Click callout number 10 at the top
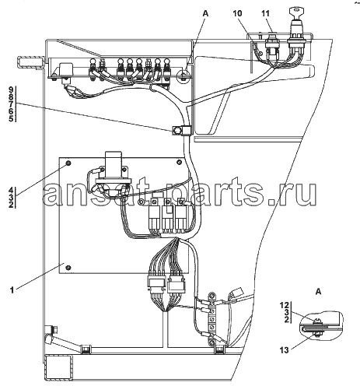coord(237,13)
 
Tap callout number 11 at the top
coord(265,13)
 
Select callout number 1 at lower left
coord(12,289)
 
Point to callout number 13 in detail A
coord(284,350)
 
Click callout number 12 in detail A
coord(284,305)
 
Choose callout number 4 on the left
coord(11,190)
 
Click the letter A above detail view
coord(319,292)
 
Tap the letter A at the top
coord(205,13)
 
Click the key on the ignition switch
coord(295,12)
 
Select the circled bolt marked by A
coord(183,75)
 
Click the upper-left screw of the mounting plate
coord(68,163)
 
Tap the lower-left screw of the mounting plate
coord(68,268)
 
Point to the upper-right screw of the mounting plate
coord(179,163)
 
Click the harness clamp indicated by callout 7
coord(181,130)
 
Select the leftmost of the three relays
coord(155,216)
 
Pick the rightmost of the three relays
coord(180,216)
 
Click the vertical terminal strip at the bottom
coord(212,320)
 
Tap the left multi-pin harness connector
coord(156,282)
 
